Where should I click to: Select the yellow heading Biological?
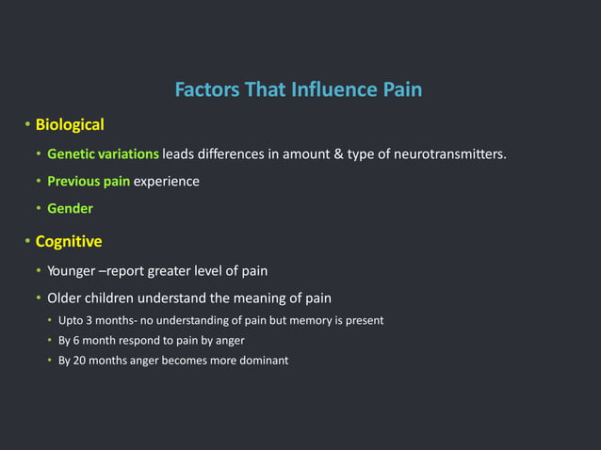pos(70,124)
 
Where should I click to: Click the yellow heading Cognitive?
pos(69,241)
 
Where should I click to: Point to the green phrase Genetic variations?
pos(103,153)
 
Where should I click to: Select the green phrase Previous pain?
pos(89,181)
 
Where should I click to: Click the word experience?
pos(166,181)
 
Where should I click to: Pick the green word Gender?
pos(70,208)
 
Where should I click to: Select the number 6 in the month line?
pos(78,340)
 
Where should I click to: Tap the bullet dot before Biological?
pos(27,125)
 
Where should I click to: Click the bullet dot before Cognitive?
pos(27,242)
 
